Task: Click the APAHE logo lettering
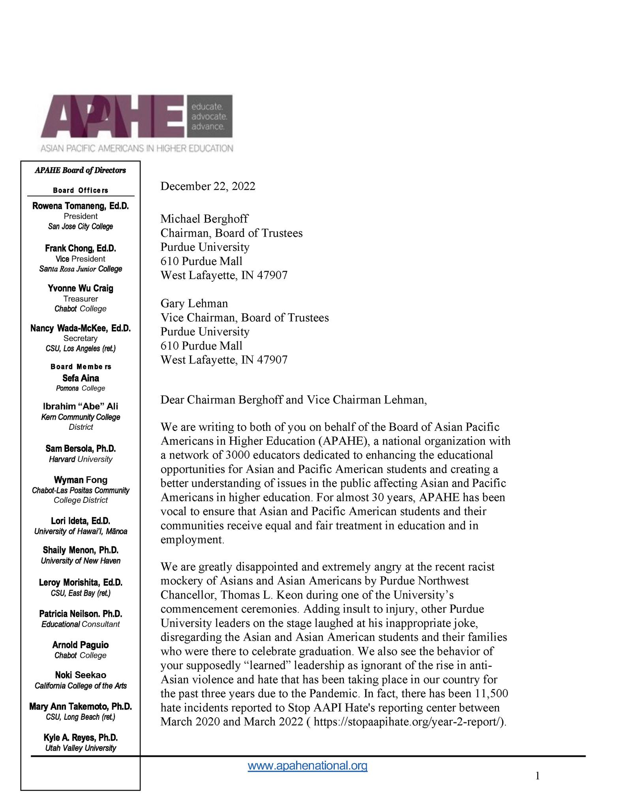(113, 117)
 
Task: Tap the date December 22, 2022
(208, 186)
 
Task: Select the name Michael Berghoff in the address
(204, 219)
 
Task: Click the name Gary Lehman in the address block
(194, 303)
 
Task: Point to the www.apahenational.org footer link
(308, 766)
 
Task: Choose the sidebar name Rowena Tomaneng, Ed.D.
(81, 206)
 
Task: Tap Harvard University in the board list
(81, 459)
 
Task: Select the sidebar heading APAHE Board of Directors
(80, 171)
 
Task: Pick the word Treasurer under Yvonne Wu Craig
(81, 299)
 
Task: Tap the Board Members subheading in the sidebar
(81, 367)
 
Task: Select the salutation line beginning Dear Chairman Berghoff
(293, 400)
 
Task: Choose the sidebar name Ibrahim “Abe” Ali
(81, 406)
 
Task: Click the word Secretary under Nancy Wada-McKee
(81, 338)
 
